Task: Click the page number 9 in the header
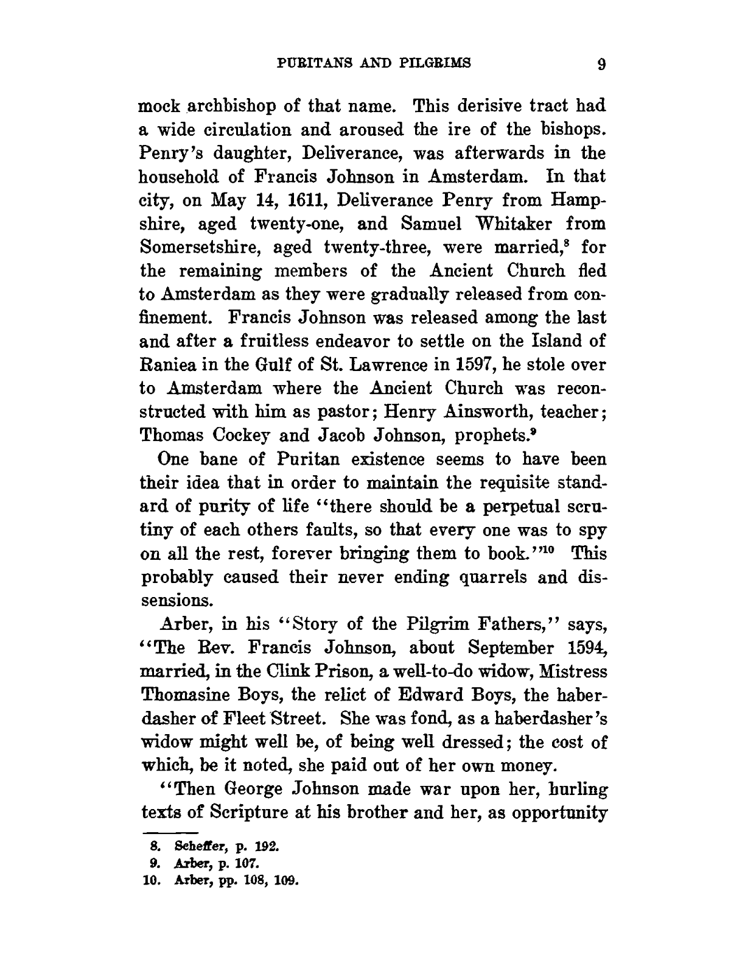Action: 600,64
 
